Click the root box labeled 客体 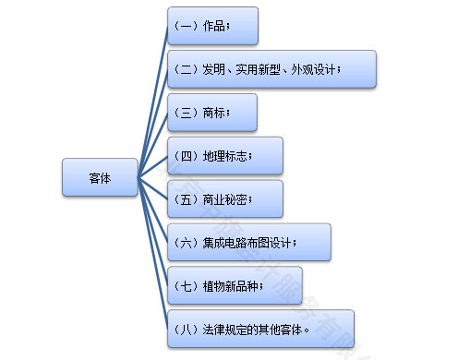pos(100,177)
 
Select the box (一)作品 pos(212,26)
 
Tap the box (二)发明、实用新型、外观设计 pos(271,69)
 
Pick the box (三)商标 pos(212,113)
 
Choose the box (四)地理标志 pos(225,155)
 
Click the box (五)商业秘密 pos(225,198)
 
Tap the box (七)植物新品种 pos(235,285)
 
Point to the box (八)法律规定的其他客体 pos(260,329)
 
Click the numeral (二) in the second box pos(186,69)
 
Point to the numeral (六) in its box pos(186,242)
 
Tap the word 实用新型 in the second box pos(259,69)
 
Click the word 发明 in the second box pos(212,69)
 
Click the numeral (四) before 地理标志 pos(186,156)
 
